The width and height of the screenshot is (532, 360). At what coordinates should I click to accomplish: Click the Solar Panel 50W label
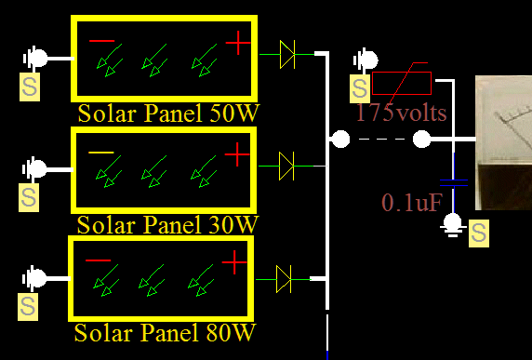(x=167, y=113)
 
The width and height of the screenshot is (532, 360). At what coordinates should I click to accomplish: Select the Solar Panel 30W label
(x=167, y=224)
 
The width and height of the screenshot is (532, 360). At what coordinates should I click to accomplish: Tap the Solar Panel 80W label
(x=165, y=332)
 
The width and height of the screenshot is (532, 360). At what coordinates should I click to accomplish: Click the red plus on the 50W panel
(x=239, y=42)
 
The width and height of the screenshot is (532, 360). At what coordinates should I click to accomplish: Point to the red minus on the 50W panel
(x=102, y=41)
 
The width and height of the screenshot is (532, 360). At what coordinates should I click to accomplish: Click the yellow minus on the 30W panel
(x=101, y=152)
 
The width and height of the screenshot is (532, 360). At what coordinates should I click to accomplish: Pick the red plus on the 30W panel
(x=238, y=153)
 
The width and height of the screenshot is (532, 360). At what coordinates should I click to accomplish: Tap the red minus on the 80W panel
(x=99, y=260)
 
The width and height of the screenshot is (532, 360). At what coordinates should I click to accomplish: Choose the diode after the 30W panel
(x=286, y=166)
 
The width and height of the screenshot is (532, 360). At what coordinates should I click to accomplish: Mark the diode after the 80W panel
(x=285, y=276)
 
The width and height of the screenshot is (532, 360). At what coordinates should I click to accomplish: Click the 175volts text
(x=401, y=113)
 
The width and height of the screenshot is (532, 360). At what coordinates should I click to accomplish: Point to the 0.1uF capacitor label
(x=411, y=202)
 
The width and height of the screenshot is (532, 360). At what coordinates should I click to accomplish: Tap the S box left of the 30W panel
(x=30, y=197)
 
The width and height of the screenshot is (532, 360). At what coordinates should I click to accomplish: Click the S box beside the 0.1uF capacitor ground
(x=479, y=233)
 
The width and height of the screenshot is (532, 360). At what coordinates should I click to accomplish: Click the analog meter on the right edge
(x=503, y=143)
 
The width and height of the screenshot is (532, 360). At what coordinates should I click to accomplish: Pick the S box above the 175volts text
(x=360, y=89)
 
